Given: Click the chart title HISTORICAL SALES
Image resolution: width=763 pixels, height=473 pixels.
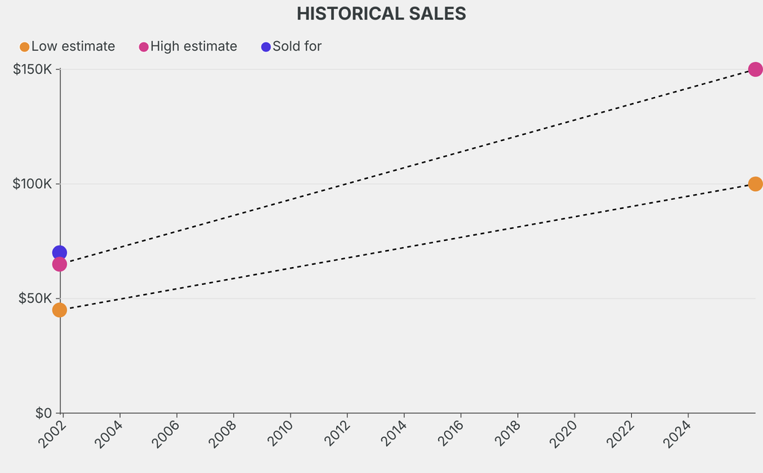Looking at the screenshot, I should [x=381, y=13].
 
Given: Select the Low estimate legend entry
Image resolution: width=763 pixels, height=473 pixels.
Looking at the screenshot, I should [x=73, y=46].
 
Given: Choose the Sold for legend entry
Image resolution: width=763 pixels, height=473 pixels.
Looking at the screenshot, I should [x=297, y=46].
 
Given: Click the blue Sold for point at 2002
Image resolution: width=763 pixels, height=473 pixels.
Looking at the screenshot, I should [x=60, y=253].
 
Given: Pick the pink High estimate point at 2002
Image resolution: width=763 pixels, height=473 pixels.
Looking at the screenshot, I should [x=60, y=264].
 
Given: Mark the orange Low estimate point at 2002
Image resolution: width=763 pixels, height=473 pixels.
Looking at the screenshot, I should [x=60, y=310].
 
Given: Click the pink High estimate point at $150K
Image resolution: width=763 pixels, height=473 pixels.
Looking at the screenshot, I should [x=755, y=69].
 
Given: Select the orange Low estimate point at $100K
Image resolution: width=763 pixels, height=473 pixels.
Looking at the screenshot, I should [x=755, y=184].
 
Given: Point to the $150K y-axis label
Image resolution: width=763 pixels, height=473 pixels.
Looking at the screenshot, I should [x=32, y=69].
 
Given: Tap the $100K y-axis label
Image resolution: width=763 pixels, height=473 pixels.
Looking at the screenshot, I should [x=32, y=184].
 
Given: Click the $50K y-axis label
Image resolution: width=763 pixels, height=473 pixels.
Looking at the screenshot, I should [x=35, y=298].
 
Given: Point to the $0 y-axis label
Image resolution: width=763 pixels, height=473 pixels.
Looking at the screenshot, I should [x=42, y=413].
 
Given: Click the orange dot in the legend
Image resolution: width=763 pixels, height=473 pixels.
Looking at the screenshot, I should [x=25, y=47].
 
